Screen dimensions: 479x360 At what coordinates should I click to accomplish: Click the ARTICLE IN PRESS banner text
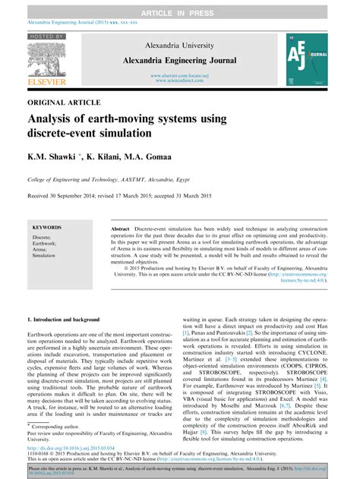point(180,6)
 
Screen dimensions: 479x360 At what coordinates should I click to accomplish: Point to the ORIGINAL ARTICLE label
point(65,102)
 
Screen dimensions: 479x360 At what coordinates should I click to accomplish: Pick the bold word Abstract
point(121,228)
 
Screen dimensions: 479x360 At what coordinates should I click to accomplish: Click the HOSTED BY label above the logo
point(47,36)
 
